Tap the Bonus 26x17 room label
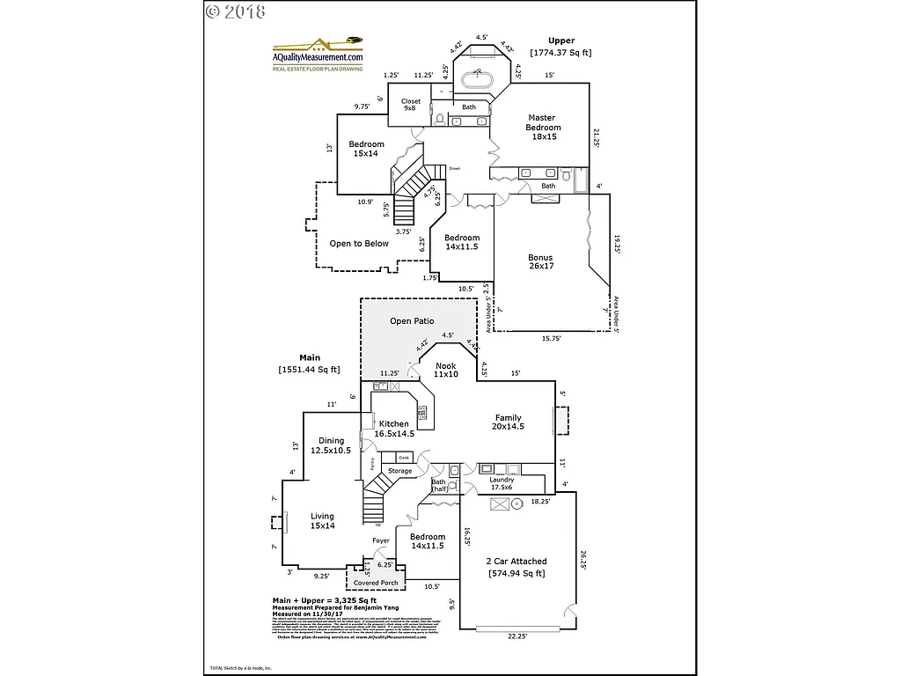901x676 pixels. pos(540,263)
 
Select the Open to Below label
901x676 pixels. pos(359,244)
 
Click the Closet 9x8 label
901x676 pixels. pos(411,105)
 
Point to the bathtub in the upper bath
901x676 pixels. pos(480,79)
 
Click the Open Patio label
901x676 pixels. pos(412,321)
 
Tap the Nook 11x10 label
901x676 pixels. pos(445,370)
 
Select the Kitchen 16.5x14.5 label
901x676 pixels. pos(393,429)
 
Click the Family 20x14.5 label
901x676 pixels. pos(508,422)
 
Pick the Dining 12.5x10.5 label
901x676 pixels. pos(331,445)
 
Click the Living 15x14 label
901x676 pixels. pos(322,521)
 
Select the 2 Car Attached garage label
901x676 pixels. pos(516,567)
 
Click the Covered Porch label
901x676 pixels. pos(376,583)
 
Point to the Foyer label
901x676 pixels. pos(381,540)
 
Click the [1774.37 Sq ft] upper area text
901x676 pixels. pos(560,53)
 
